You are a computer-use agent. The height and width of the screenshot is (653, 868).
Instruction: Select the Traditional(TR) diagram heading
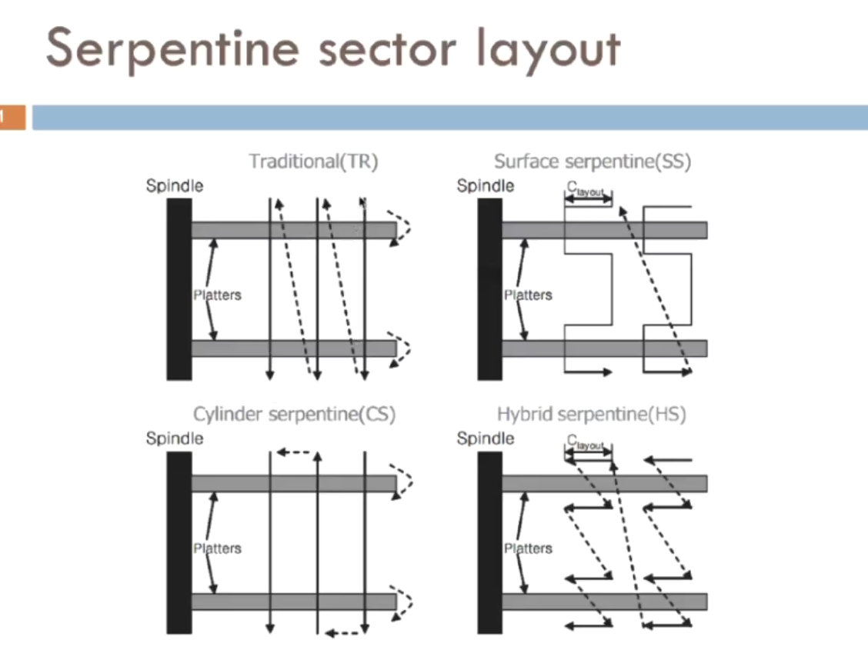[314, 162]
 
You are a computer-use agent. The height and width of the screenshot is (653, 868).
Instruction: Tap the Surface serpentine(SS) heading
[593, 162]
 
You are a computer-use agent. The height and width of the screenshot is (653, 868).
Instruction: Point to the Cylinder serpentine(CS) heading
[294, 415]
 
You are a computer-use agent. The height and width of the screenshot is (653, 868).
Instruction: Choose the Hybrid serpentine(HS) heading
[591, 415]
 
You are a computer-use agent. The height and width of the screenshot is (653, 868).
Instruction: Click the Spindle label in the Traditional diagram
[175, 185]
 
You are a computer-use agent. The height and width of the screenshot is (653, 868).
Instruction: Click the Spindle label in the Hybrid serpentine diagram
[486, 438]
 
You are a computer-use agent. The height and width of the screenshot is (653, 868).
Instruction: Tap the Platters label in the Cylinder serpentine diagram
[217, 548]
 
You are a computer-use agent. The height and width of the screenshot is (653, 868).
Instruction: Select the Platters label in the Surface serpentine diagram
[528, 295]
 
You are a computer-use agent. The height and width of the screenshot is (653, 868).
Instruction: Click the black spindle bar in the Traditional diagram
[179, 288]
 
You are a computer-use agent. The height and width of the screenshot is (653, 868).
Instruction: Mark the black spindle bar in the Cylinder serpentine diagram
[179, 542]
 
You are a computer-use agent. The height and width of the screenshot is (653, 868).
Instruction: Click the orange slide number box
[12, 118]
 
